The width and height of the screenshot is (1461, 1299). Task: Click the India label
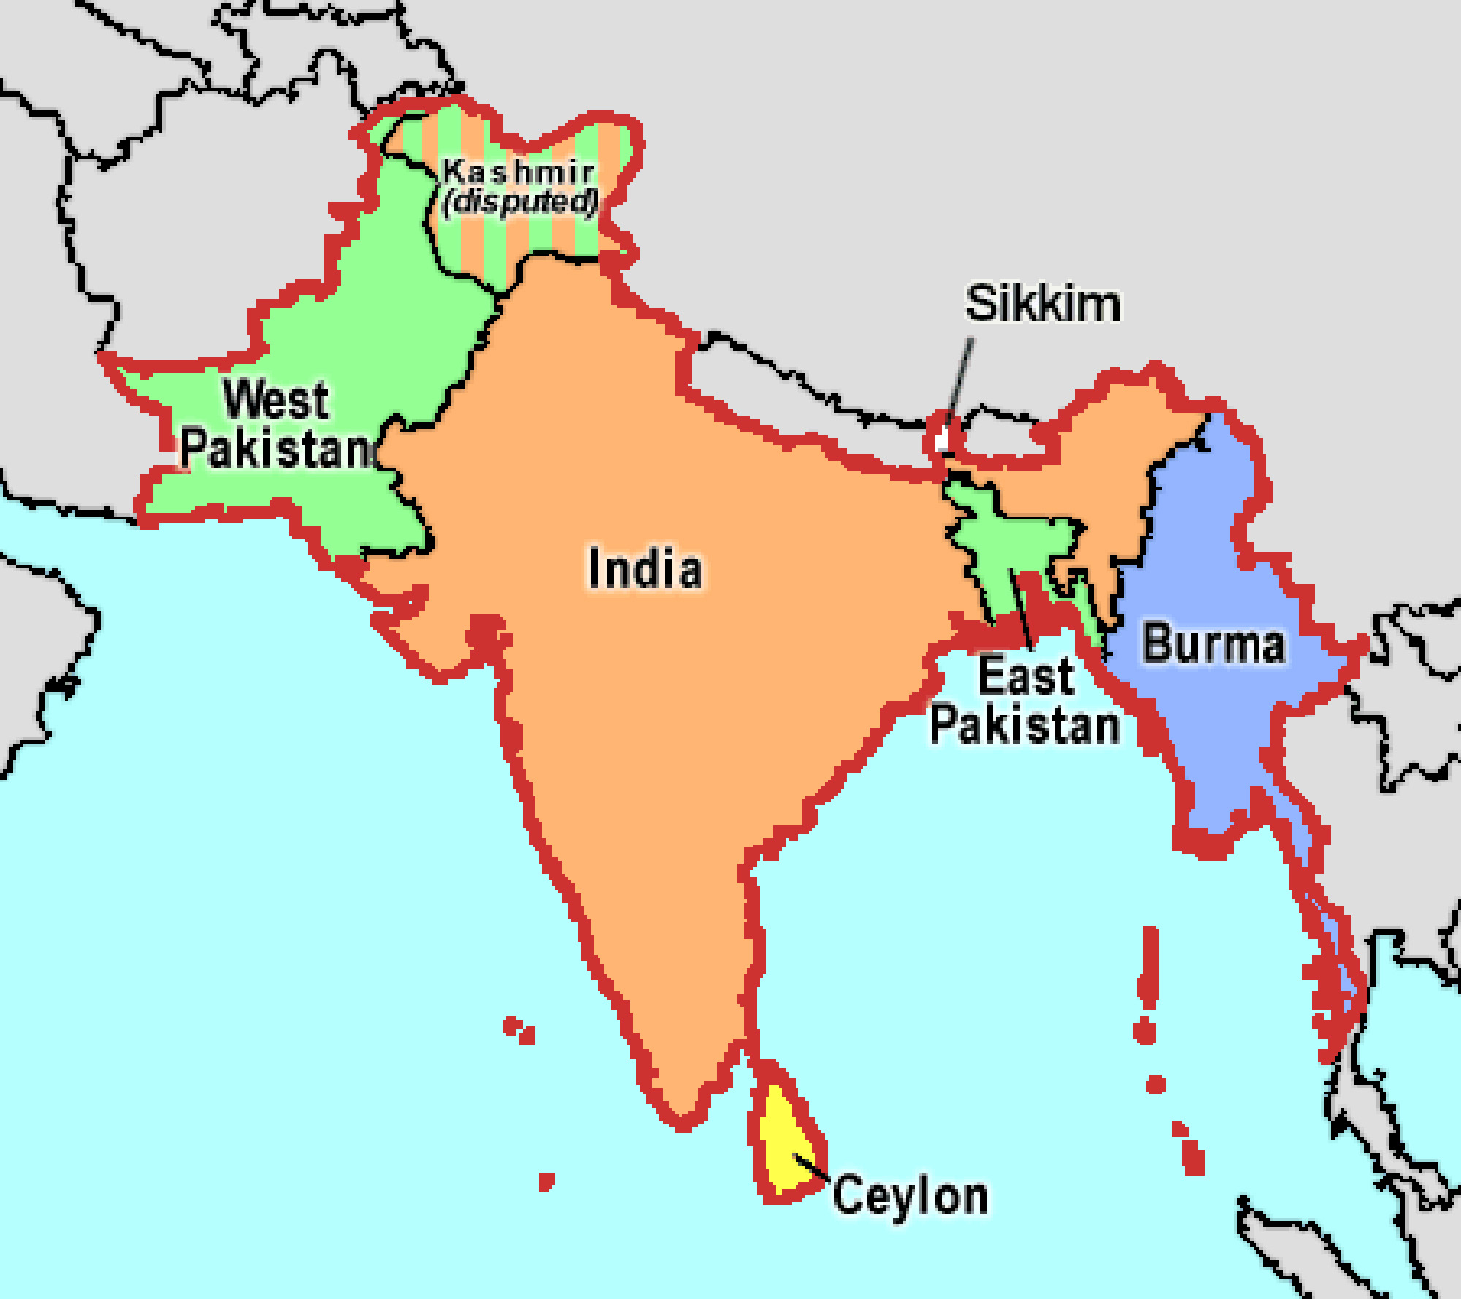[x=645, y=568]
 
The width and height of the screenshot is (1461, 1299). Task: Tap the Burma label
[x=1213, y=644]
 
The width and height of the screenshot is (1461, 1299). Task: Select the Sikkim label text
[x=1042, y=303]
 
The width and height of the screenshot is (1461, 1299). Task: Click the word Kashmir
[x=518, y=172]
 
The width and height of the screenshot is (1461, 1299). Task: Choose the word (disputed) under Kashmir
[x=520, y=202]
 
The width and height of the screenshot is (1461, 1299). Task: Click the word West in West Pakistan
[x=276, y=399]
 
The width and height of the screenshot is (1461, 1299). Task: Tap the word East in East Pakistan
[x=1026, y=676]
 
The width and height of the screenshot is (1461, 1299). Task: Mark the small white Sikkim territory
[x=942, y=439]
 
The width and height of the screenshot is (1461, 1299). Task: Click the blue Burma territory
[x=1205, y=731]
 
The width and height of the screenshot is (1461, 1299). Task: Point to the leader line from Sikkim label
[x=960, y=380]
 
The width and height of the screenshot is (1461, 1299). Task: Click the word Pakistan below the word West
[x=276, y=448]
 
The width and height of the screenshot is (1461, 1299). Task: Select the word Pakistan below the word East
[x=1025, y=725]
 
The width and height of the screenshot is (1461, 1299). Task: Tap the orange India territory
[x=657, y=694]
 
